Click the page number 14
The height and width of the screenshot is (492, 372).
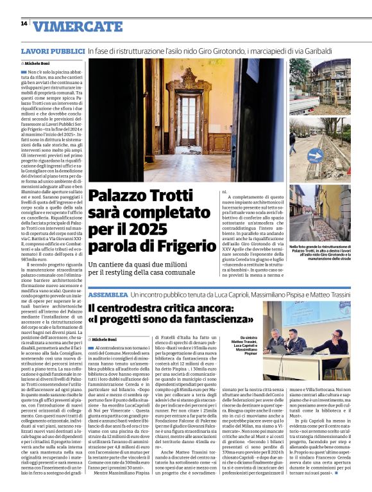click(x=24, y=24)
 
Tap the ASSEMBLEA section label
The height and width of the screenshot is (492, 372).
click(x=108, y=294)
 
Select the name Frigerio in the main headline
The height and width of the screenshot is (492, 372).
click(x=199, y=247)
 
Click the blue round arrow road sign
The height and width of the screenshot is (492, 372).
click(x=315, y=154)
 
